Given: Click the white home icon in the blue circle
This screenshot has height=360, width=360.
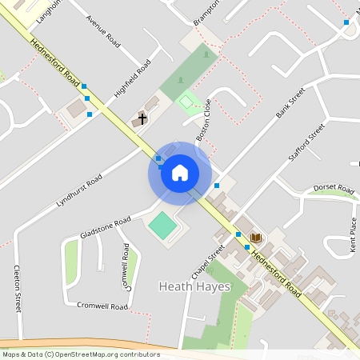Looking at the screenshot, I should pos(180,173).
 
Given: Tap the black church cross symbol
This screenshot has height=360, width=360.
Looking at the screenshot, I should pos(142,119).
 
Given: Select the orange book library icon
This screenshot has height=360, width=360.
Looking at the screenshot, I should pos(256,238).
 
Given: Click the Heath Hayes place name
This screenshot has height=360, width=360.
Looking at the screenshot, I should pos(194,286).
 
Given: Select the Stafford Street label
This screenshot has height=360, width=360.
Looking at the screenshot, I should pos(306,141).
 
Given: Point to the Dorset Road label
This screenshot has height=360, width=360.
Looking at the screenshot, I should pos(333,189).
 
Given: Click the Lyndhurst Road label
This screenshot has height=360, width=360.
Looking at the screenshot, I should pos(79,193).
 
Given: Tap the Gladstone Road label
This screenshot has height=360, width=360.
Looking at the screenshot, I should pos(105,227).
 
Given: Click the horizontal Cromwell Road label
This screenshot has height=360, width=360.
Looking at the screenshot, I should pos(102,306).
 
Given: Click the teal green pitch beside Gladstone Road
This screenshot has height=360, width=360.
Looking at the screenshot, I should pos(163,225).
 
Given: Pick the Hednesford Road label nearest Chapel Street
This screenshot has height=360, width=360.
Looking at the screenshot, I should pos(276,274).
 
